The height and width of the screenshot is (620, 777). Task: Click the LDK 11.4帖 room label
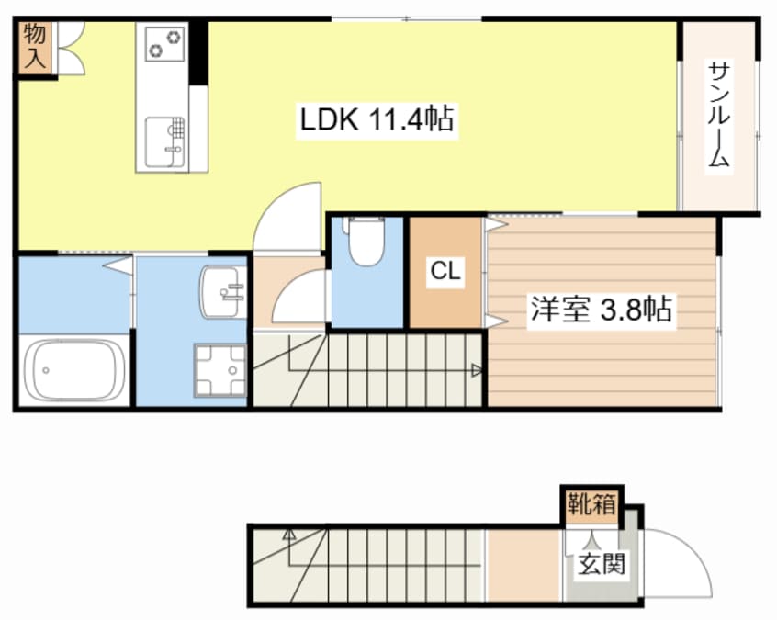(x=377, y=118)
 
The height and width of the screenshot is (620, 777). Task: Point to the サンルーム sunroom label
(x=718, y=115)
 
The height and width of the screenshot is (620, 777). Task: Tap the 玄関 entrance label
(x=602, y=563)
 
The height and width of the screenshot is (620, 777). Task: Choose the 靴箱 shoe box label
(x=591, y=503)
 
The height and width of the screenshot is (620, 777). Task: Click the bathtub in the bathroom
(x=74, y=371)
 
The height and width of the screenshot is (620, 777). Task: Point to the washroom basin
(x=221, y=291)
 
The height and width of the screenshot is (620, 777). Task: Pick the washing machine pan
(x=220, y=370)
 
